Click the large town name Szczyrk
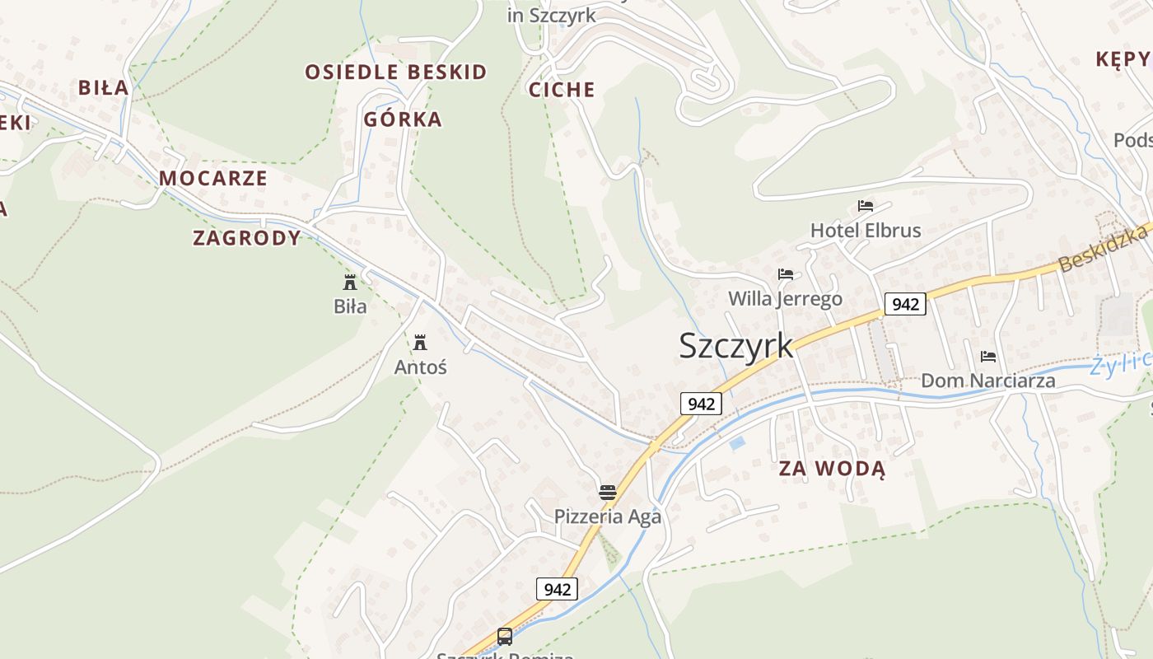click(x=735, y=346)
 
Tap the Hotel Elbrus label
click(x=866, y=231)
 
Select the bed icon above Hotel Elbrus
click(x=866, y=206)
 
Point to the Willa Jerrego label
click(x=786, y=298)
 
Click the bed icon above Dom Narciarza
click(x=988, y=357)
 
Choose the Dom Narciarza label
click(x=987, y=381)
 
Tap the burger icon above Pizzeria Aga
click(x=608, y=493)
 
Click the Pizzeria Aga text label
click(x=608, y=516)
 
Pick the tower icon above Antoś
click(x=420, y=342)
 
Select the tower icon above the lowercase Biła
click(x=350, y=283)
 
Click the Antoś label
click(x=420, y=367)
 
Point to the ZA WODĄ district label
click(x=832, y=470)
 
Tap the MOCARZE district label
click(x=213, y=178)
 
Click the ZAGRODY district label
click(x=247, y=238)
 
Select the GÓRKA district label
click(x=403, y=119)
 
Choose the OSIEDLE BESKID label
click(x=396, y=72)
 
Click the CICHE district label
click(x=562, y=90)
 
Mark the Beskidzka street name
click(x=1104, y=249)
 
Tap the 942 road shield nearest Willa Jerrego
click(x=905, y=304)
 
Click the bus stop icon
click(x=505, y=637)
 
